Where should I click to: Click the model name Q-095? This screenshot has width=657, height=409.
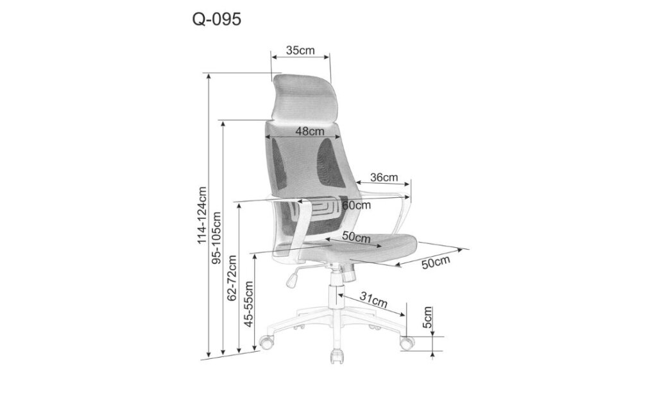tap(217, 19)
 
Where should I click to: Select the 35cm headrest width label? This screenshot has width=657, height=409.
tap(300, 50)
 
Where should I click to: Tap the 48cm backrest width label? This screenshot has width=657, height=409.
tap(310, 131)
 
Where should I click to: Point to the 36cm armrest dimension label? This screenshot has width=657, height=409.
tap(384, 177)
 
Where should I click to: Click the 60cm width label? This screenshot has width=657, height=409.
tap(357, 205)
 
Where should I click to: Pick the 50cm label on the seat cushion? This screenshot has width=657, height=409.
tap(356, 237)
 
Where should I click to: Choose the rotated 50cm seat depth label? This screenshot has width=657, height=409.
tap(436, 263)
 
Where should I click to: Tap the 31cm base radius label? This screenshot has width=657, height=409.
tap(374, 300)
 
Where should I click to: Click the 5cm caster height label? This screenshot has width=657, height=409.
tap(427, 317)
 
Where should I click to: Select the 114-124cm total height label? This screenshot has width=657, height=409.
tap(202, 215)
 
